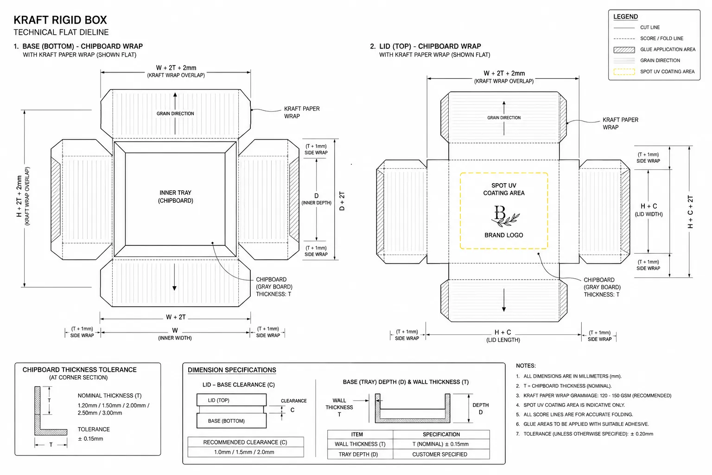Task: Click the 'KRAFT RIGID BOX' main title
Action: coord(60,20)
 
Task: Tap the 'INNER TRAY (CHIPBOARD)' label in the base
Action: coord(176,197)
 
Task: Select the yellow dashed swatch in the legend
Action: coord(624,71)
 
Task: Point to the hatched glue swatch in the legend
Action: coord(624,50)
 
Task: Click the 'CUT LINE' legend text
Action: coord(650,27)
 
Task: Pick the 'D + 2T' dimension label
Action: coord(342,201)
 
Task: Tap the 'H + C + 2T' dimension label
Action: coord(690,212)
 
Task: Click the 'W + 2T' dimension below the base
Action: coord(176,317)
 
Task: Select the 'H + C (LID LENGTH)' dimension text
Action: coord(503,336)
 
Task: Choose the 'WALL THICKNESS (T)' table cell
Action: coord(360,444)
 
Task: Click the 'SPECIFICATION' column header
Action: coord(441,435)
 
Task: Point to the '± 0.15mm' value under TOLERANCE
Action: coord(90,439)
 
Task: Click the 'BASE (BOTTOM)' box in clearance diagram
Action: coord(231,421)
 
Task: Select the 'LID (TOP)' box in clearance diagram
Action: coord(231,400)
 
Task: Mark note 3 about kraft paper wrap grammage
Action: coord(594,396)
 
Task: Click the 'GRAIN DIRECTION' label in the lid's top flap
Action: coord(504,118)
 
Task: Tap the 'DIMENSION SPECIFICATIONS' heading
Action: coord(232,370)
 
